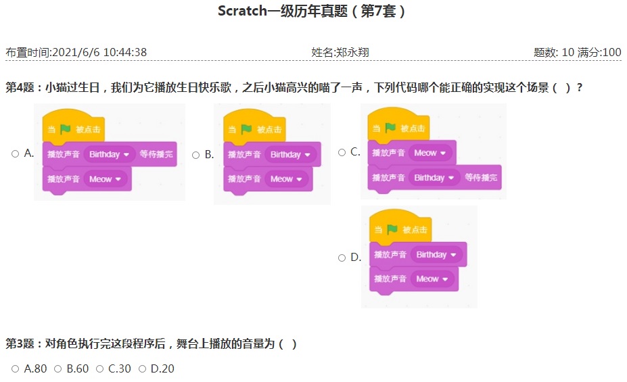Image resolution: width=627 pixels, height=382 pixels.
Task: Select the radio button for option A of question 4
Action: pos(15,154)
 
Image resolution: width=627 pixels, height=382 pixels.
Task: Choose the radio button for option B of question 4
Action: pos(195,155)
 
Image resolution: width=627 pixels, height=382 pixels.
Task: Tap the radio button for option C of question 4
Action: pos(342,152)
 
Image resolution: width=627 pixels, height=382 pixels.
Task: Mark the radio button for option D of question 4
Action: pos(342,258)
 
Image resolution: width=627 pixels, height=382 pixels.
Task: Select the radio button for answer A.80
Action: pos(15,368)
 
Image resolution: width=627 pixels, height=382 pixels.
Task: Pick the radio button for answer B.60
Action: pos(58,368)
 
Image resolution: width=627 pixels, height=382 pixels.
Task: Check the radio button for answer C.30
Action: pos(100,368)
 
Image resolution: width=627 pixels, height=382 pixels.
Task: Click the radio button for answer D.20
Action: pos(142,368)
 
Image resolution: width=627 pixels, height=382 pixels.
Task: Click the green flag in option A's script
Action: pos(65,129)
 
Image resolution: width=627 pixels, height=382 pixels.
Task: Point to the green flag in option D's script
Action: pos(392,229)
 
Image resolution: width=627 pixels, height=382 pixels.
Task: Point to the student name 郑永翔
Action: pos(352,52)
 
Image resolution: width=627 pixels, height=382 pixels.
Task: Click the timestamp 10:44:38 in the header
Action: pos(124,52)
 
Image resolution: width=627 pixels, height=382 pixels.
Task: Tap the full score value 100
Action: pos(611,52)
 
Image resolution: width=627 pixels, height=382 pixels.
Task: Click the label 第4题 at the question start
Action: pos(20,87)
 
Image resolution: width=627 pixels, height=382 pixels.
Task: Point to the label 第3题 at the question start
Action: pos(20,343)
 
